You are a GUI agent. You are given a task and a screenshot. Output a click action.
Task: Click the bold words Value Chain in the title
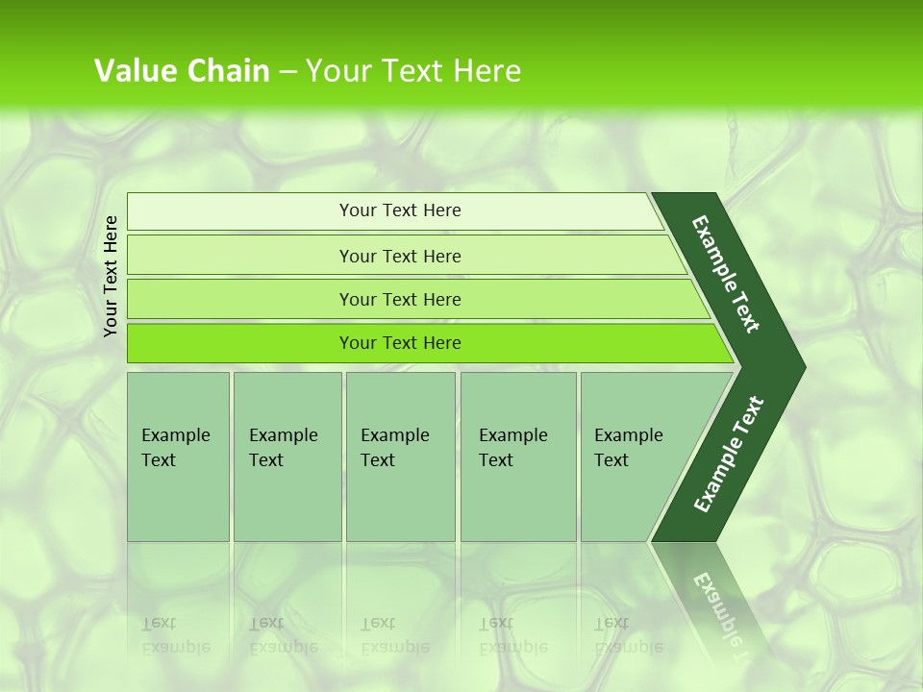point(182,71)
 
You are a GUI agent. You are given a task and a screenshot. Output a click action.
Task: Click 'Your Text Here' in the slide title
point(413,71)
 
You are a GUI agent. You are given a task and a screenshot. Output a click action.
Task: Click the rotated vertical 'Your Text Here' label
point(111,277)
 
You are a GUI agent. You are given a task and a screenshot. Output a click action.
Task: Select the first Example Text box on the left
point(178,457)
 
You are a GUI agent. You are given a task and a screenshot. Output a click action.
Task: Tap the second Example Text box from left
point(287,457)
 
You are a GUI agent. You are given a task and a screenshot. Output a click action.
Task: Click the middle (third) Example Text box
point(400,457)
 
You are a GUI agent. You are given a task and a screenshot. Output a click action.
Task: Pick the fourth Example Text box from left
point(518,457)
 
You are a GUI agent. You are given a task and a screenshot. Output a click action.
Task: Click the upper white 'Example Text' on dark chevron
point(726,274)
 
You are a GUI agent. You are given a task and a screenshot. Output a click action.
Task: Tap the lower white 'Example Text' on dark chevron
point(728,455)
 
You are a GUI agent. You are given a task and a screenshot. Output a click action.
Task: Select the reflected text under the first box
point(175,634)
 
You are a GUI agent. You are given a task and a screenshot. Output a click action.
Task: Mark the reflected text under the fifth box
point(628,634)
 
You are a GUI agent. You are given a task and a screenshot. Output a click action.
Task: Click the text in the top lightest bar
point(400,210)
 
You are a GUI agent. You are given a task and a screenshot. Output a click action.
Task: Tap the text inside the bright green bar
point(400,343)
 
